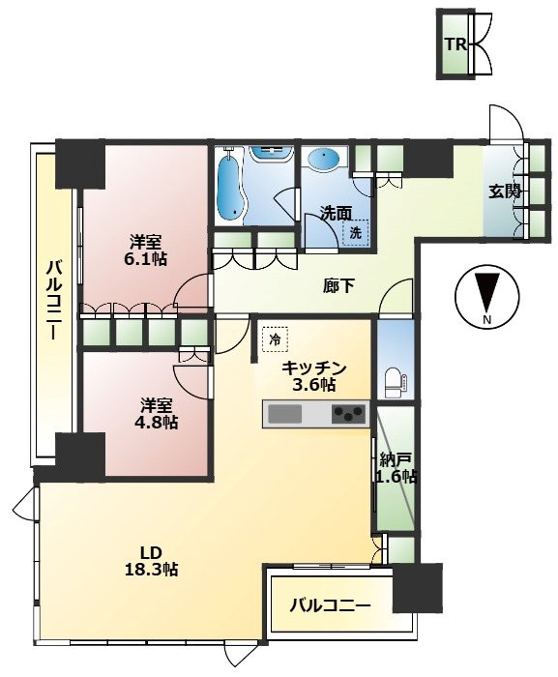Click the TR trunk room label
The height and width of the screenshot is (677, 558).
(x=456, y=44)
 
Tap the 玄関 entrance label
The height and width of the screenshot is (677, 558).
(x=504, y=191)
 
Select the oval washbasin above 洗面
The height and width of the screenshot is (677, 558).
(x=324, y=158)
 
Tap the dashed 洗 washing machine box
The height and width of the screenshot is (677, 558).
(x=356, y=233)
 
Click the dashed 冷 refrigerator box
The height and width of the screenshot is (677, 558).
(x=275, y=339)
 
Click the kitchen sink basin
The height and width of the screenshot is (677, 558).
(x=284, y=415)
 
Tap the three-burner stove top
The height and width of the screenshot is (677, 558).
(x=349, y=415)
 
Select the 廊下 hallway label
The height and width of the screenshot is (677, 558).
(x=339, y=286)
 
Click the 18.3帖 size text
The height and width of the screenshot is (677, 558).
(x=151, y=570)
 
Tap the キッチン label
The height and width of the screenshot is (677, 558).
(x=314, y=368)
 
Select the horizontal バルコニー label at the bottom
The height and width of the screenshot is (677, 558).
(x=330, y=605)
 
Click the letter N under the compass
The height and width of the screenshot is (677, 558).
(x=487, y=319)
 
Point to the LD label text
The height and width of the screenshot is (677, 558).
(x=150, y=552)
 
